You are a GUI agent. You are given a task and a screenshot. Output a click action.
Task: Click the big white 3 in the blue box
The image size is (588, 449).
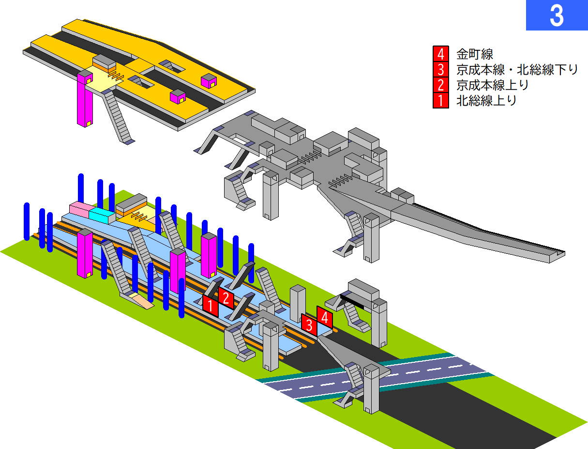point(557,16)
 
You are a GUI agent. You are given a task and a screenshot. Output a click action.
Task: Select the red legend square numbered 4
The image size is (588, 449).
point(441,54)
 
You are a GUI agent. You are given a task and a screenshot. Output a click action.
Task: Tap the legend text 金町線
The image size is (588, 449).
point(475,54)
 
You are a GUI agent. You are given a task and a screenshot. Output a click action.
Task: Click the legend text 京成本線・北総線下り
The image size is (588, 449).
point(517,70)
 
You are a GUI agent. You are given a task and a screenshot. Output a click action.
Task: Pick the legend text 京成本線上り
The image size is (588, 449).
point(492,85)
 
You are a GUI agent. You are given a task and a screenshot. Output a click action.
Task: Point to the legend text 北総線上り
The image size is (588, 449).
point(486,101)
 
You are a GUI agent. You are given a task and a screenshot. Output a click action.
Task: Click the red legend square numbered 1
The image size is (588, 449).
point(441,101)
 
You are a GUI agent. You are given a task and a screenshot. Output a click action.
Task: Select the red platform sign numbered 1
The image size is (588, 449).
point(211,306)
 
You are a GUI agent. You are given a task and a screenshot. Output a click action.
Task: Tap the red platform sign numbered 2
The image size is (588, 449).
point(226,298)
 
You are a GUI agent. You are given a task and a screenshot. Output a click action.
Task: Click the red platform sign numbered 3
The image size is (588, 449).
point(309,325)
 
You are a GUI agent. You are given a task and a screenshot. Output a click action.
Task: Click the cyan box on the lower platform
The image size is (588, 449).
point(102,215)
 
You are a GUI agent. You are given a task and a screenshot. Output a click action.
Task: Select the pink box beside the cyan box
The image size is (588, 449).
point(79,209)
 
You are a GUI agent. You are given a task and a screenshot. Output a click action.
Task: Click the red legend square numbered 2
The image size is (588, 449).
point(441,85)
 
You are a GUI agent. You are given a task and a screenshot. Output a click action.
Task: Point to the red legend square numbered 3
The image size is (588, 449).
point(441,69)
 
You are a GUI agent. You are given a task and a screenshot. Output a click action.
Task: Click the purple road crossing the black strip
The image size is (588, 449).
point(375,377)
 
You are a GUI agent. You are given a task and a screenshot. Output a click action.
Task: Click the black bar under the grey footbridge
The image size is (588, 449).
point(351,301)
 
